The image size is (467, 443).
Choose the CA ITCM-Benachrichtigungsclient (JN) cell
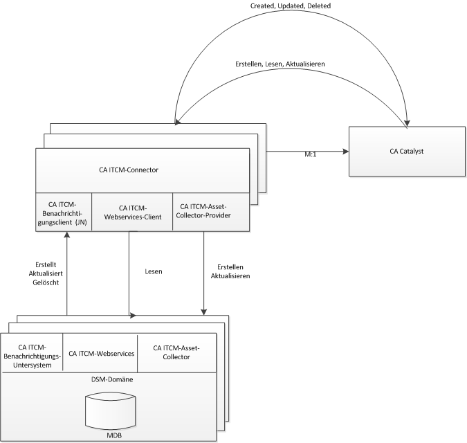[x=63, y=211]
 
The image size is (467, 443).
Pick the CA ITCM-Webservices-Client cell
[x=131, y=211]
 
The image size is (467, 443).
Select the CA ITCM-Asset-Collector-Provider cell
[x=204, y=210]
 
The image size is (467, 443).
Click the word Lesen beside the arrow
[x=154, y=272]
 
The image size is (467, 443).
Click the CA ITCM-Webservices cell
[x=100, y=352]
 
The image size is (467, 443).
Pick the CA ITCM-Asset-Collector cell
[x=176, y=352]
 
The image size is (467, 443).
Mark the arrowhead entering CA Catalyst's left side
[x=345, y=149]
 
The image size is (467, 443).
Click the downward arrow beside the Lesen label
[x=129, y=277]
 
